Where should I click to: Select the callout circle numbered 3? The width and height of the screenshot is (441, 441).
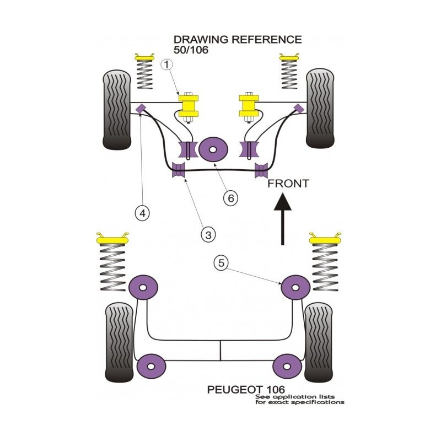pyautogui.click(x=208, y=235)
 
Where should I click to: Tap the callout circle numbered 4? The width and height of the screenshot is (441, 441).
pyautogui.click(x=142, y=212)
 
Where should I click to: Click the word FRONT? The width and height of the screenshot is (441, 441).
pyautogui.click(x=288, y=184)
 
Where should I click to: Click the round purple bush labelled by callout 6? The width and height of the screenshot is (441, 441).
pyautogui.click(x=214, y=149)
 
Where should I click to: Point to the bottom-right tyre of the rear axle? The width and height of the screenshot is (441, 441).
pyautogui.click(x=319, y=345)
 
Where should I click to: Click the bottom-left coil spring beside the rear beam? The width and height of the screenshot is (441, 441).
pyautogui.click(x=113, y=267)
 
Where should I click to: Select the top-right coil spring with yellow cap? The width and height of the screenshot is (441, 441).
pyautogui.click(x=289, y=72)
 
